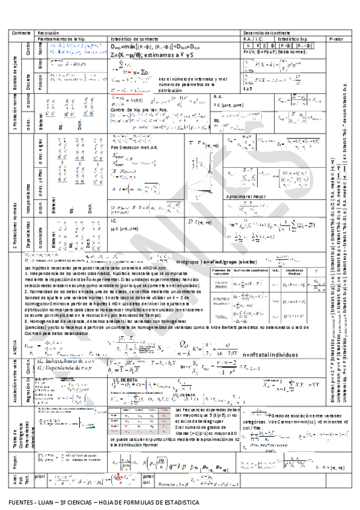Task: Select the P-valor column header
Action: (336, 37)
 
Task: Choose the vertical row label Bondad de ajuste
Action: (14, 71)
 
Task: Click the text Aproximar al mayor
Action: (243, 196)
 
